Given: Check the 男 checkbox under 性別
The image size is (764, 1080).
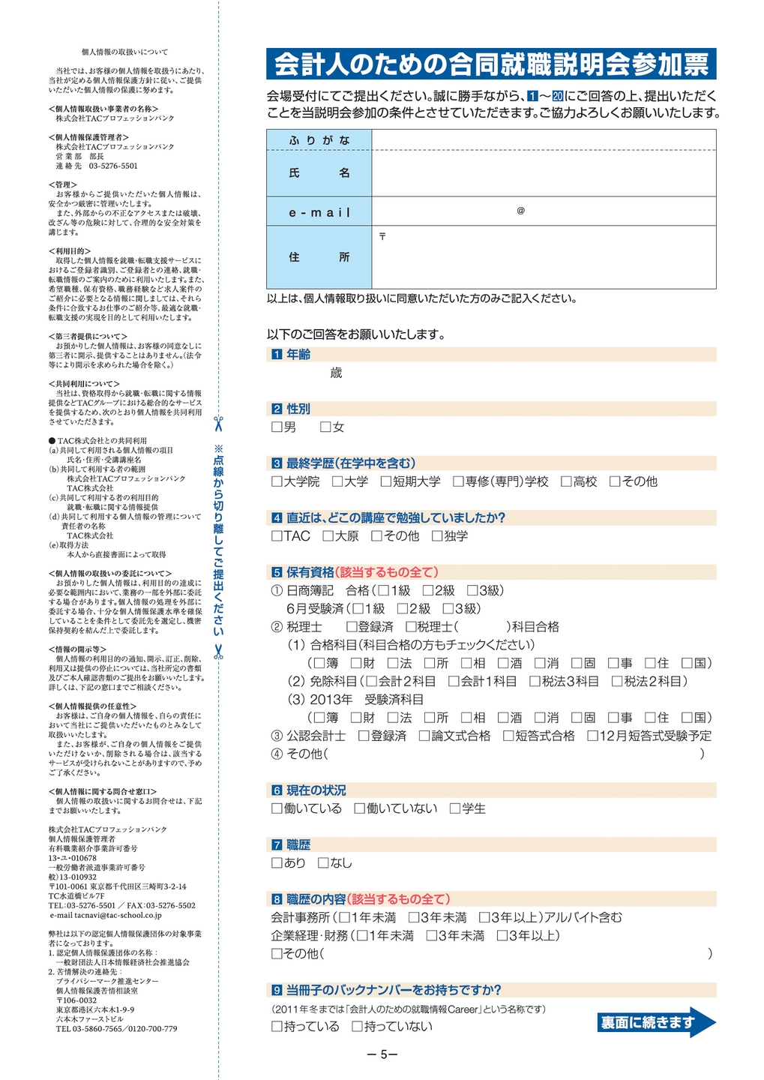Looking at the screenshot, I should (x=277, y=427).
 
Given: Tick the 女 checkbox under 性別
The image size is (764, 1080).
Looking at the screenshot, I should (x=325, y=427).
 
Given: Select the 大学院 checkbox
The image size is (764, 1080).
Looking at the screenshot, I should (x=277, y=481).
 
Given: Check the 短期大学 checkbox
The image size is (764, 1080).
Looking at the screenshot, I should (x=386, y=481).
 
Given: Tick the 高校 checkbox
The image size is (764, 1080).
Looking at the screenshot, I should (x=567, y=481).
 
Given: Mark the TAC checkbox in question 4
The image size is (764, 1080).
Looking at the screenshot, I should (x=277, y=536).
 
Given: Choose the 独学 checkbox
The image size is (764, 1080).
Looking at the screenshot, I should (x=437, y=536).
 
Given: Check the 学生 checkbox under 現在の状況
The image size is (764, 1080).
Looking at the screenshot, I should (x=455, y=808).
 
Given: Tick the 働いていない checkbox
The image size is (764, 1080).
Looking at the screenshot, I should (x=359, y=808).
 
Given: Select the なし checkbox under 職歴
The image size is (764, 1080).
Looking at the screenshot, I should (x=323, y=863).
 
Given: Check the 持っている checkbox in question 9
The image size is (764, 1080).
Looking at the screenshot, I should (x=277, y=1027).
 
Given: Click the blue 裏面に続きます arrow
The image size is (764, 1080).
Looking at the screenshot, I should (x=656, y=1022).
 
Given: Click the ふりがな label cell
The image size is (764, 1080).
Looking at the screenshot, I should (x=319, y=140).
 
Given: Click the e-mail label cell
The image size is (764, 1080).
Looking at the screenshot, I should (x=319, y=212).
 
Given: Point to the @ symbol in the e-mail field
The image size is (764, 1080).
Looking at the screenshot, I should (x=520, y=211).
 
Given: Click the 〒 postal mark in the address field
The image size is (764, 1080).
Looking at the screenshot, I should (x=382, y=236).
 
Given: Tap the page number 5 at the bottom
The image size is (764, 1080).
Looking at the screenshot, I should (x=383, y=1054).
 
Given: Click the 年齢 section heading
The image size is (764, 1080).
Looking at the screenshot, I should (x=298, y=355).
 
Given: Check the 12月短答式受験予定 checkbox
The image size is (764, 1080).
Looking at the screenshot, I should (x=592, y=736).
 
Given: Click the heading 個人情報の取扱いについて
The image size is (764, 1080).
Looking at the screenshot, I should (x=124, y=52).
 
